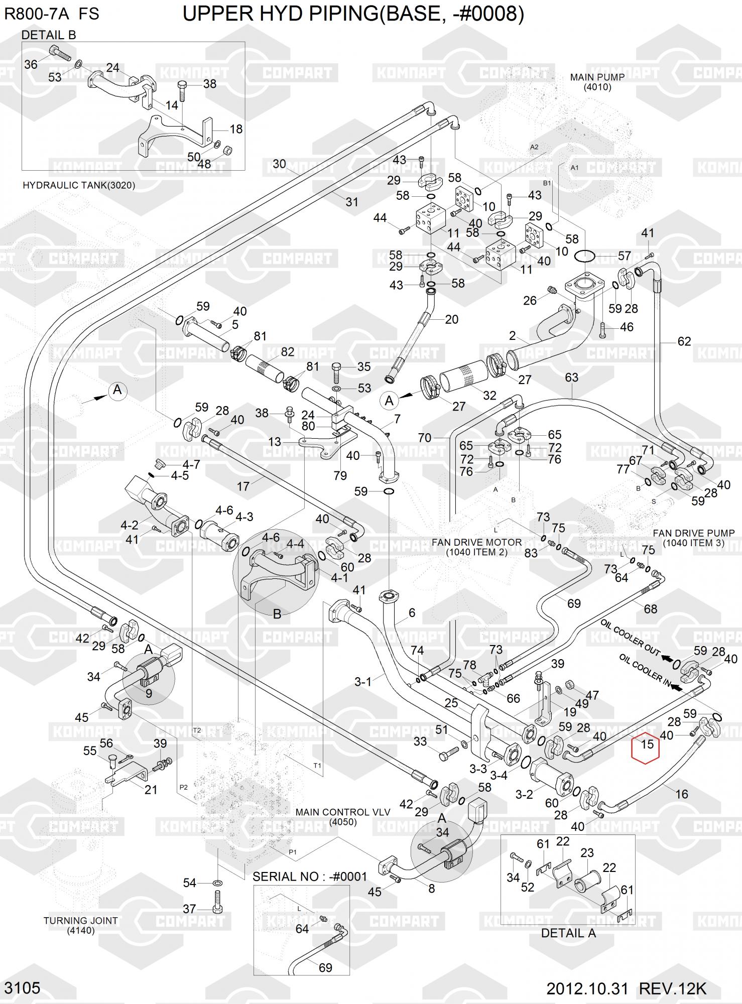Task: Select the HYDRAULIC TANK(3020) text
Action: tap(79, 185)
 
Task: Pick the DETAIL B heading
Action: tap(49, 35)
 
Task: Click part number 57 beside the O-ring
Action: tap(624, 256)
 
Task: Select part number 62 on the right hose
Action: tap(684, 341)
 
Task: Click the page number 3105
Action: tap(22, 988)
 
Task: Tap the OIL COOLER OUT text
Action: tap(630, 638)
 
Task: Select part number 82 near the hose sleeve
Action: tap(287, 351)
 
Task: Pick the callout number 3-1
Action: tap(362, 681)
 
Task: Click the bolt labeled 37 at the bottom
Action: tap(217, 902)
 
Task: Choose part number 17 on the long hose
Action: tap(243, 486)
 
